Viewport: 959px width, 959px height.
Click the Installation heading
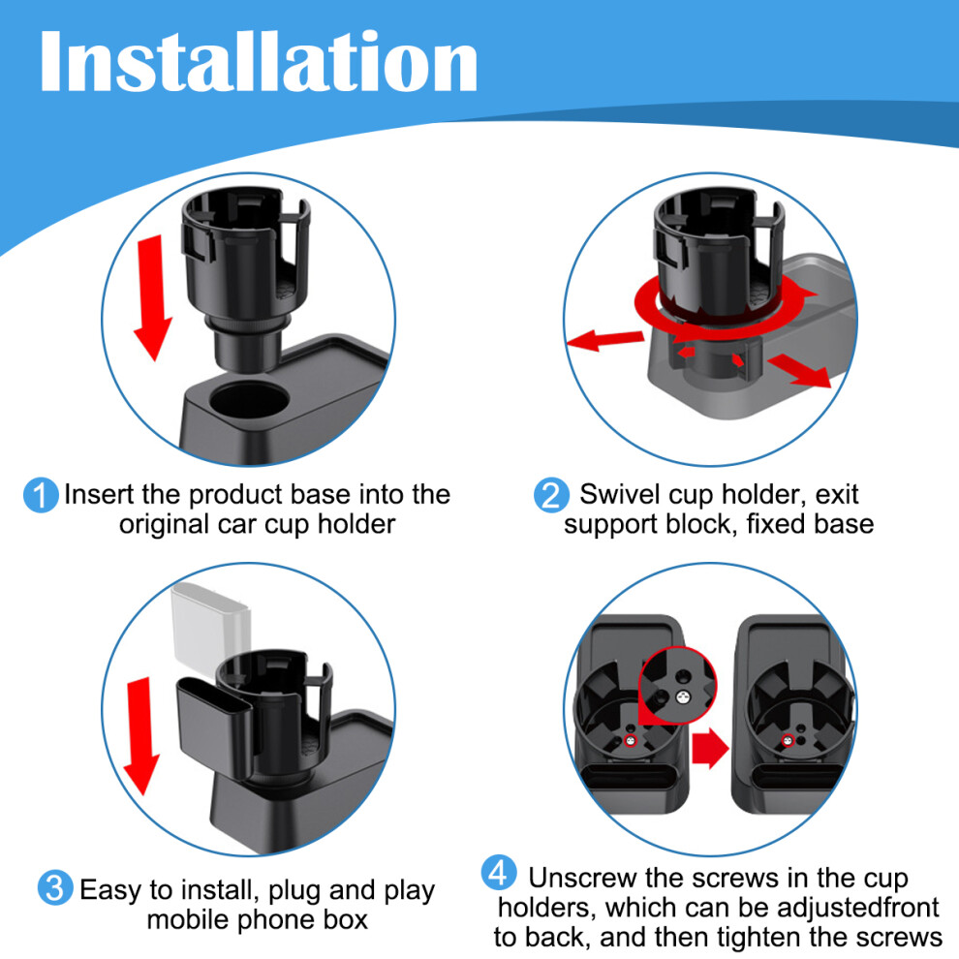pos(258,62)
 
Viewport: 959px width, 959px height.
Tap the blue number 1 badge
pos(41,495)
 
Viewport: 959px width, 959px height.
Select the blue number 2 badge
pos(551,495)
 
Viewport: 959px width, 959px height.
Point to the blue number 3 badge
pos(55,888)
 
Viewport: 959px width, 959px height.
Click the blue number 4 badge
pos(499,873)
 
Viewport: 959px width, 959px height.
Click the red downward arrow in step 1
pos(152,297)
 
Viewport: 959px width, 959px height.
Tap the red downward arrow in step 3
pos(140,736)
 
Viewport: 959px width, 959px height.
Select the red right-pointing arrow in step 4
pos(710,748)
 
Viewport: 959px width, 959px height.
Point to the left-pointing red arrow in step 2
pos(604,339)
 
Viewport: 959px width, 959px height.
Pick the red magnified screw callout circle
pos(677,686)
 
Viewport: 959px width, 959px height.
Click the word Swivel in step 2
pos(621,494)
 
